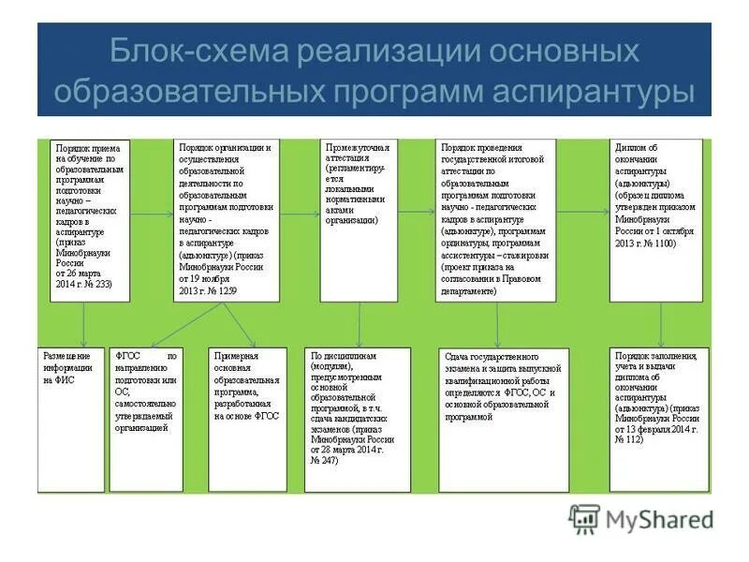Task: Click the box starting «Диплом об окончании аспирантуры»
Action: [655, 220]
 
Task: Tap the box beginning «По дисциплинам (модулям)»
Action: [358, 419]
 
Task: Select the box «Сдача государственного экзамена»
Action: [503, 419]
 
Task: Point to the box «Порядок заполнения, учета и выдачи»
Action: [658, 419]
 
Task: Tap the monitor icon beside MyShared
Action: [585, 518]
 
